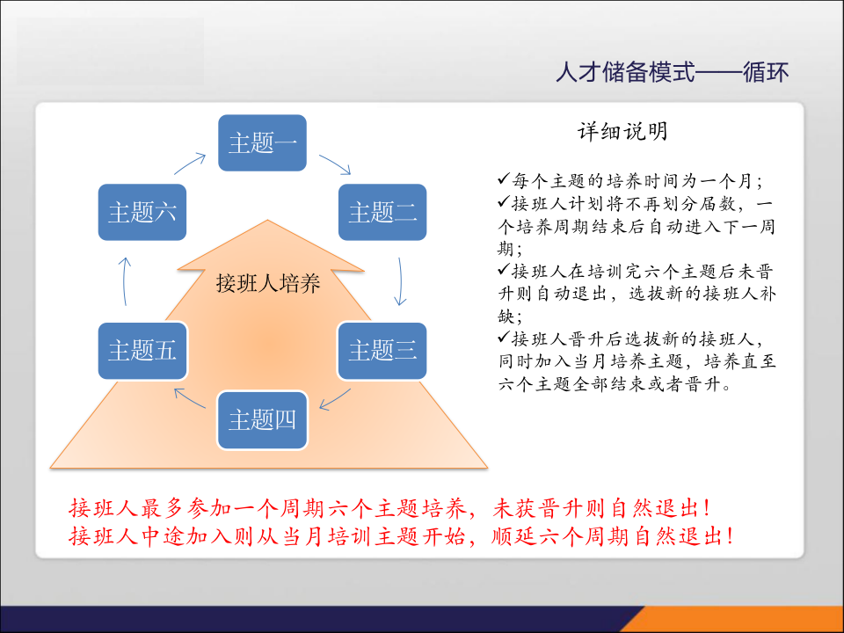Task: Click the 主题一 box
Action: [262, 142]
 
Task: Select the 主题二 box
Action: [382, 212]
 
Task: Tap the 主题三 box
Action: [382, 350]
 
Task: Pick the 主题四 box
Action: [262, 419]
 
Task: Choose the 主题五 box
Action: [142, 350]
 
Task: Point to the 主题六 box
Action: [142, 212]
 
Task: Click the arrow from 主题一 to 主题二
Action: [335, 164]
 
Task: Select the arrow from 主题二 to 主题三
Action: [401, 280]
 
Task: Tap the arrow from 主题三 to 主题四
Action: [334, 398]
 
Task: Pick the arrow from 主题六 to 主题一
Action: [190, 164]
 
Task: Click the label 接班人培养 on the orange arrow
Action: [268, 284]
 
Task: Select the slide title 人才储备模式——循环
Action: [672, 71]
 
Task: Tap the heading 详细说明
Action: [622, 132]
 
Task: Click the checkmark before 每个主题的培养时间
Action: [503, 179]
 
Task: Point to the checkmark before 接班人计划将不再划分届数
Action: [503, 202]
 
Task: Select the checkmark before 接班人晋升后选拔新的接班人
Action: [503, 338]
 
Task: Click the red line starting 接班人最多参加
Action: [389, 508]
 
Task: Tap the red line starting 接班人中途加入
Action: [401, 536]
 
